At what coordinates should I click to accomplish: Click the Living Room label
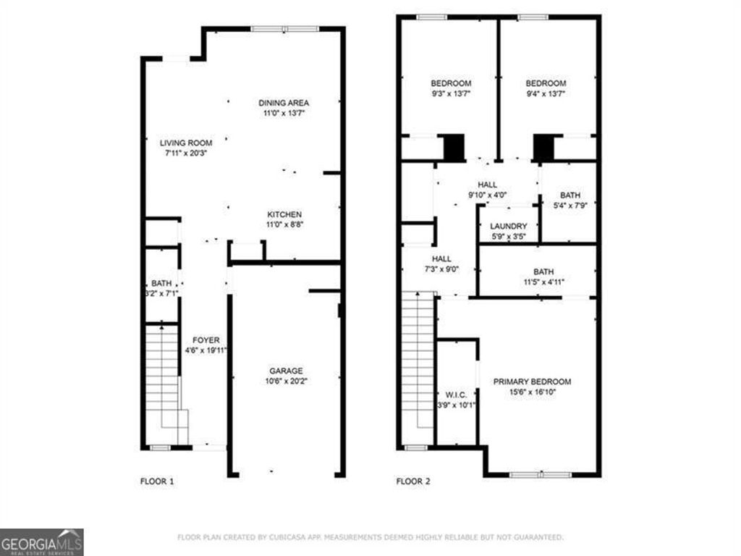click(x=186, y=143)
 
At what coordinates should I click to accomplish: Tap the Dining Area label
click(x=284, y=103)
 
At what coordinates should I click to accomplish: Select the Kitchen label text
click(x=284, y=214)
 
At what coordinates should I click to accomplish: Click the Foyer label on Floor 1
click(x=206, y=340)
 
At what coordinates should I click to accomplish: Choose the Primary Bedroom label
click(x=532, y=382)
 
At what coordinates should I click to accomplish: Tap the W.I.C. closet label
click(x=456, y=395)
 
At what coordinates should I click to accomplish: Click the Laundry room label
click(x=508, y=226)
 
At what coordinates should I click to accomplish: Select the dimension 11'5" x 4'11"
click(x=538, y=282)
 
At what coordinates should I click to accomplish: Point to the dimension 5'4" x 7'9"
click(x=569, y=206)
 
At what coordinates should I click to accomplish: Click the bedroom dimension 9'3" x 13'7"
click(x=451, y=93)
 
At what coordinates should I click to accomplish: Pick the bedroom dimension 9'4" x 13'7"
click(x=546, y=93)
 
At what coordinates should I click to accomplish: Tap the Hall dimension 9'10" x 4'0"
click(x=487, y=195)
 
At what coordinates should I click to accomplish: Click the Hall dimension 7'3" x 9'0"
click(x=441, y=269)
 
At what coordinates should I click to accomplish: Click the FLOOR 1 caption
click(x=156, y=481)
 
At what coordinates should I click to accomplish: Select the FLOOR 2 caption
click(x=413, y=481)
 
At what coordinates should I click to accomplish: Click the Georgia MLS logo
click(x=42, y=542)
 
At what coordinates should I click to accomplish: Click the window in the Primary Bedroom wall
click(x=540, y=475)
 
